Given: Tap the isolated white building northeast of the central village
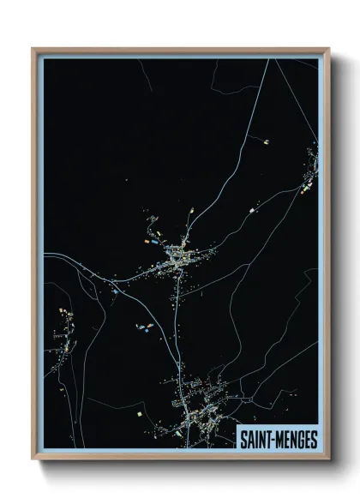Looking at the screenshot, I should pyautogui.click(x=251, y=210).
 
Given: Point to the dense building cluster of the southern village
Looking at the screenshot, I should pyautogui.click(x=201, y=411).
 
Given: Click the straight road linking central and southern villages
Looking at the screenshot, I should pyautogui.click(x=177, y=334).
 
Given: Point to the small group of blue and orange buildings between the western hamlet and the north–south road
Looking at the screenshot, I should pyautogui.click(x=143, y=327).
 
